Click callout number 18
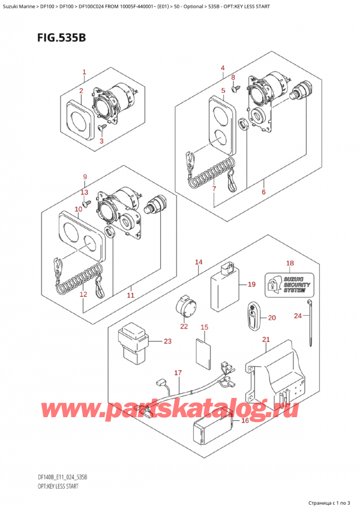point(290,264)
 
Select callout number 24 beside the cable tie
point(298,316)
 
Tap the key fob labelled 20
point(253,317)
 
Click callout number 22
point(184,327)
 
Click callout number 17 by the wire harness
point(178,373)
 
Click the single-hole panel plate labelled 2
point(79,118)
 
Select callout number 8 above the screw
point(233,77)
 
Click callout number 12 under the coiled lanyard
point(83,294)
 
